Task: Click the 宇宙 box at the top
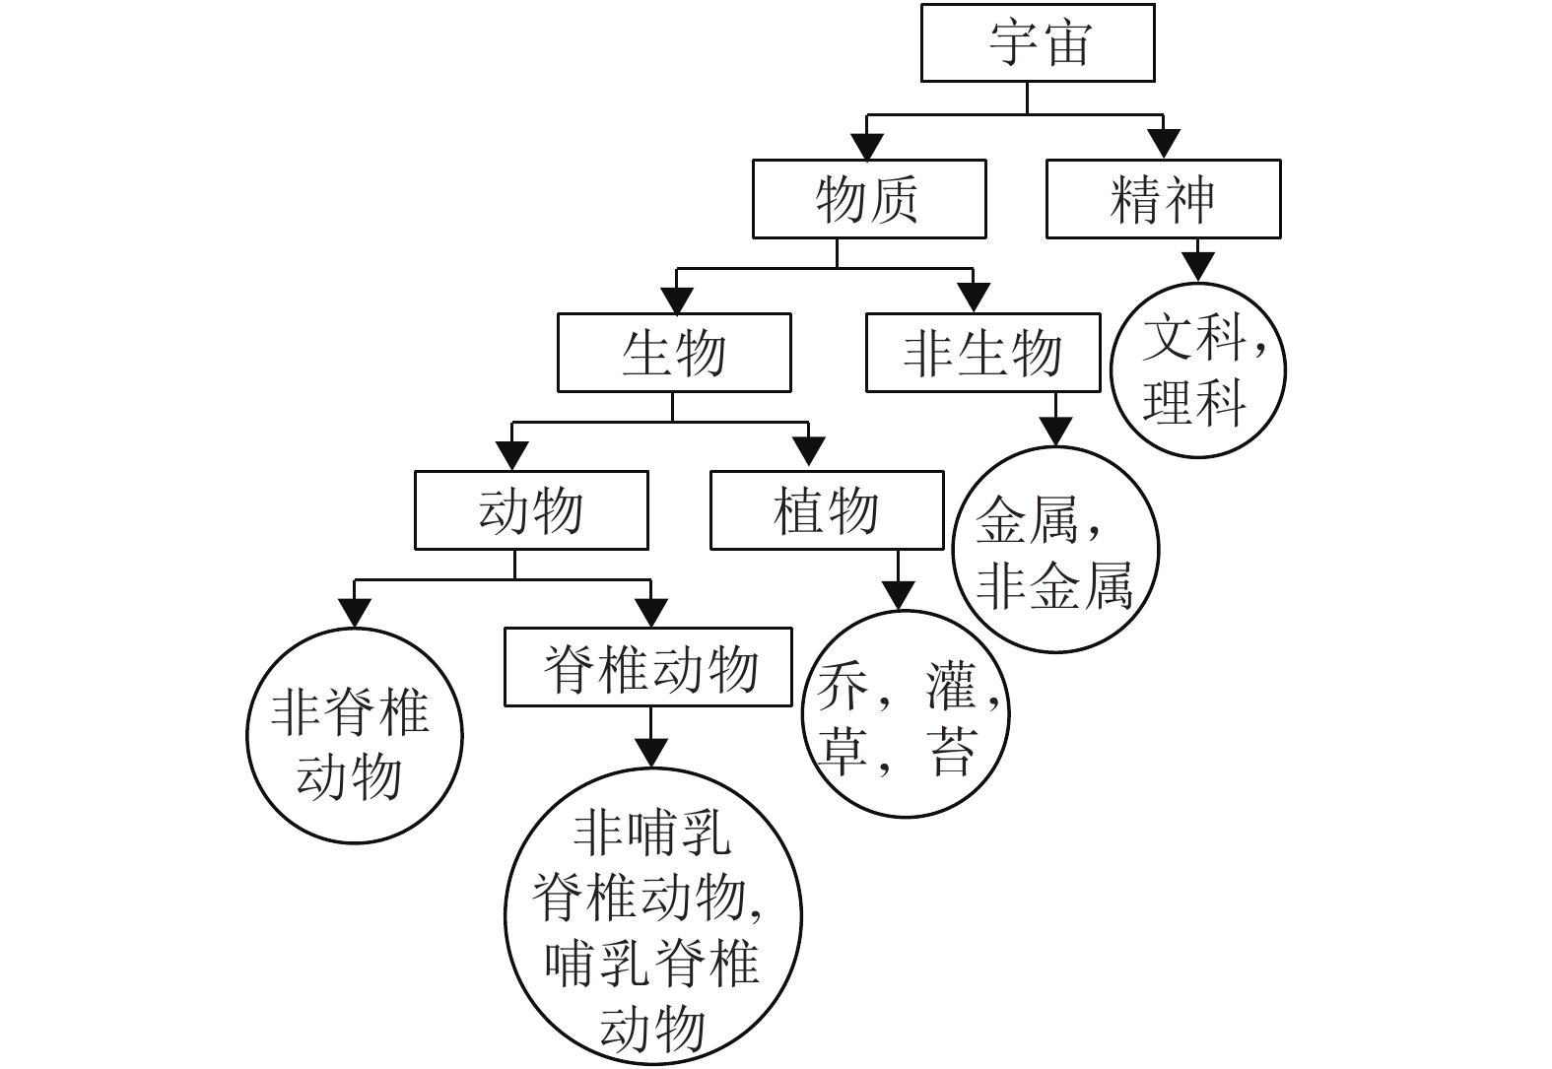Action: (1037, 42)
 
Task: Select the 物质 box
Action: (868, 199)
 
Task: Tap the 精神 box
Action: (1163, 199)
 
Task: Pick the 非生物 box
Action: (982, 353)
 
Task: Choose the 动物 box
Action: (531, 510)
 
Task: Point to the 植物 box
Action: (827, 510)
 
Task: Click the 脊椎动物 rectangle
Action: (647, 667)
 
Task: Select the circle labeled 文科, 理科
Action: (1197, 370)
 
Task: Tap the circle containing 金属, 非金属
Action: (1055, 550)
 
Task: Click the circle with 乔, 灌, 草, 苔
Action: (908, 714)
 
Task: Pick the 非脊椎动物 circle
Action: (354, 735)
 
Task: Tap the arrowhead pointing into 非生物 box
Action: (974, 299)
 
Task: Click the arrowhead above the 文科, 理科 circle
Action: (1197, 267)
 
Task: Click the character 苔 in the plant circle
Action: (951, 751)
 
